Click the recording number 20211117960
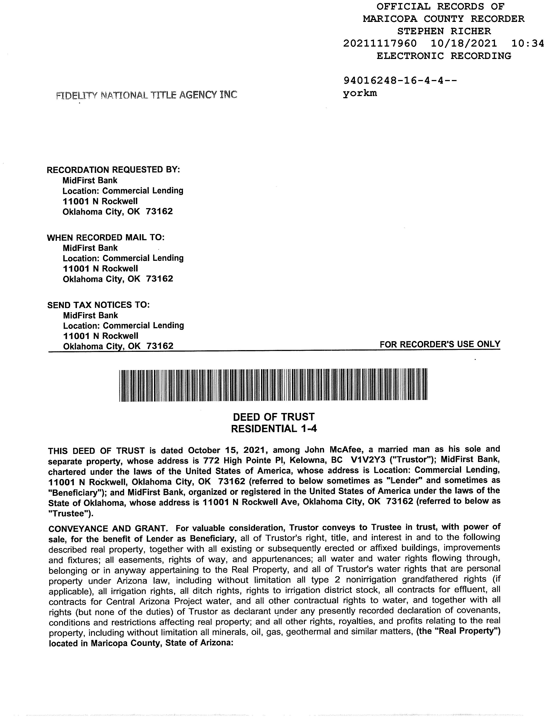380,43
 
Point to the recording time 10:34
528,43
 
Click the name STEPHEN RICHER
444,31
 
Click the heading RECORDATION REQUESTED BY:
113,170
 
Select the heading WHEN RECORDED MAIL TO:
106,237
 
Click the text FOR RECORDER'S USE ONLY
440,344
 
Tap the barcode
273,385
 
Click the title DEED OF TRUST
274,417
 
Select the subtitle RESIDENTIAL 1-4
274,429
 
